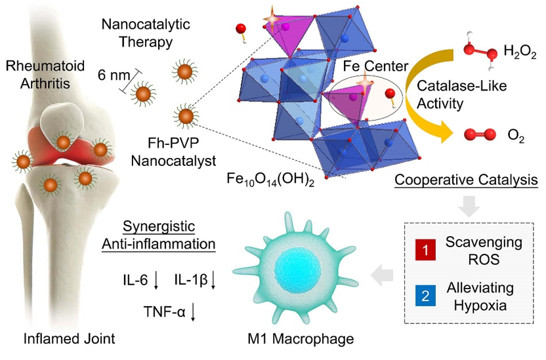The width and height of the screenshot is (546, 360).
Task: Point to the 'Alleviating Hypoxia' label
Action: [x=483, y=295]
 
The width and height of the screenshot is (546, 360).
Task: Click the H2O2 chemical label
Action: [x=520, y=51]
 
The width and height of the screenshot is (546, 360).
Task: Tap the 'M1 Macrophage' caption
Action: [x=293, y=340]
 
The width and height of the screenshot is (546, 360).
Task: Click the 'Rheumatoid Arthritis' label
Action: [x=35, y=73]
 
